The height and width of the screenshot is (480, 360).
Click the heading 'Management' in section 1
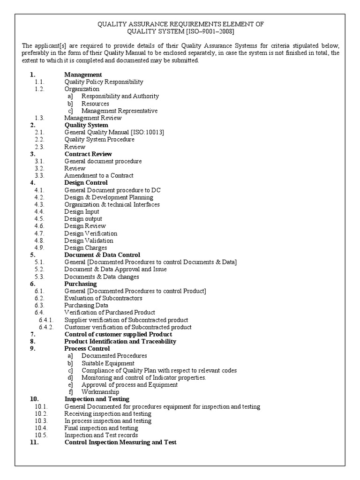click(x=83, y=75)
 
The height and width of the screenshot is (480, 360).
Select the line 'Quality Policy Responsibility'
click(x=104, y=82)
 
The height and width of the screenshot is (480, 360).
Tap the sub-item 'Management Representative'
click(x=119, y=111)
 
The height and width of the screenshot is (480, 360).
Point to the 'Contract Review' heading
click(x=88, y=154)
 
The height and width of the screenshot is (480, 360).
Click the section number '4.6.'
click(x=39, y=226)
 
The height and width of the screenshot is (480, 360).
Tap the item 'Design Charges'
click(x=86, y=247)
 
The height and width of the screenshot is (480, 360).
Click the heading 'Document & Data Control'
click(x=102, y=255)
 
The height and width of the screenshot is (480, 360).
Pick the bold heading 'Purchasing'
click(x=81, y=284)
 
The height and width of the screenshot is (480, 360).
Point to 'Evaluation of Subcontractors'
click(x=103, y=298)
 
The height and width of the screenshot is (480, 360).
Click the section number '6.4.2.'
click(x=46, y=327)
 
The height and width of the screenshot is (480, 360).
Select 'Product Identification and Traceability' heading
click(x=120, y=341)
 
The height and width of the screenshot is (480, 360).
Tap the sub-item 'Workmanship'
click(x=100, y=392)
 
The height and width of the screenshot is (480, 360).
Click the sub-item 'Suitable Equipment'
click(x=108, y=363)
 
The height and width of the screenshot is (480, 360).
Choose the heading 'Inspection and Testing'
click(x=97, y=399)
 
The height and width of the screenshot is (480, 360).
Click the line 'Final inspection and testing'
click(x=101, y=428)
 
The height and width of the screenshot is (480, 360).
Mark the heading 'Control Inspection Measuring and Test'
click(x=120, y=442)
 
